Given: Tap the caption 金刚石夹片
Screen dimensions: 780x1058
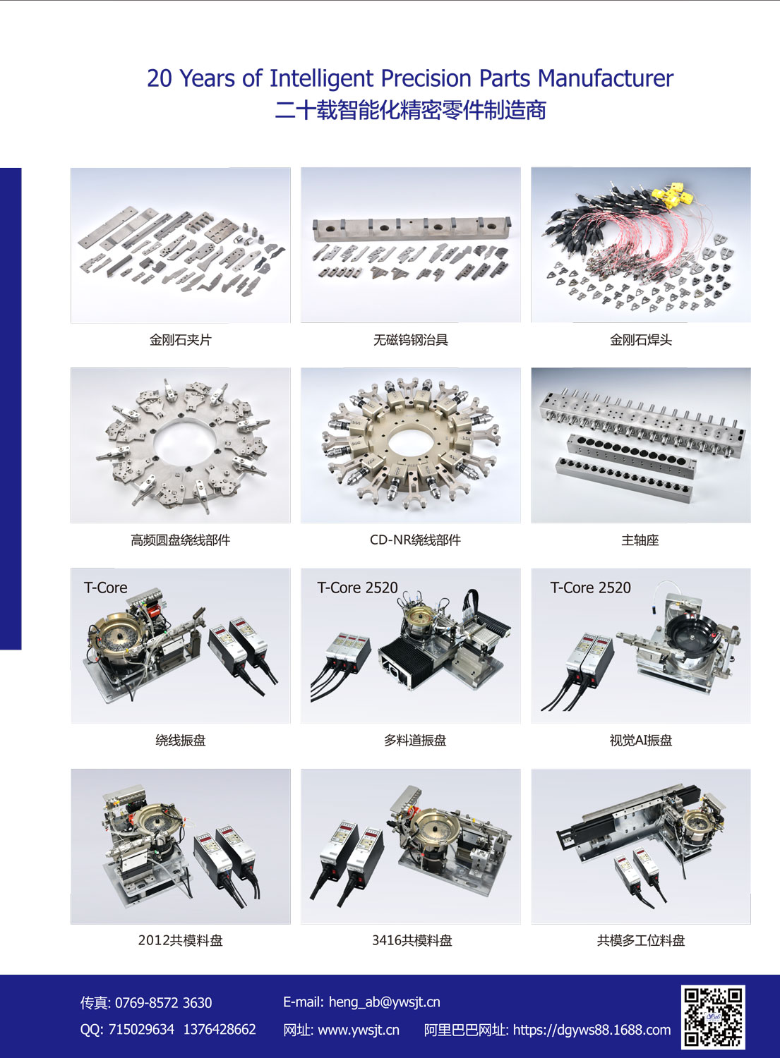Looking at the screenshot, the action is click(x=181, y=339).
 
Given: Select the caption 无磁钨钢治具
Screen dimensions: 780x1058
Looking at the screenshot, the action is click(x=410, y=339).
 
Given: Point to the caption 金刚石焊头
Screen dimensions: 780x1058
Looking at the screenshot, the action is click(x=640, y=339).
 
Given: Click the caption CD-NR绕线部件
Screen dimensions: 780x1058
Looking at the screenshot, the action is click(x=415, y=540).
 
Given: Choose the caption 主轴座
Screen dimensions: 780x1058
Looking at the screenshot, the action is click(x=640, y=540).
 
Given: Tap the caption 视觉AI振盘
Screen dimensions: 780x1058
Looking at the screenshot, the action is click(x=640, y=740).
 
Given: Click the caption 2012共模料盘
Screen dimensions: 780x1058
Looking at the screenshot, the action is click(x=180, y=940).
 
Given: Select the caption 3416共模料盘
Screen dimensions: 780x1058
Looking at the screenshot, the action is click(x=412, y=940).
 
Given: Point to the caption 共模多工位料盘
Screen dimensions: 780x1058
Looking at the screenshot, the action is click(x=640, y=940).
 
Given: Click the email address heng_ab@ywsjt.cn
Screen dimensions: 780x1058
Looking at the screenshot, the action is click(x=384, y=1002).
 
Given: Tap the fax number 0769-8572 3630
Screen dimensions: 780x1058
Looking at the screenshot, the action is click(x=164, y=1003).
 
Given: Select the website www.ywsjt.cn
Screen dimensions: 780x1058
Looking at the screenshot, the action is click(x=359, y=1030).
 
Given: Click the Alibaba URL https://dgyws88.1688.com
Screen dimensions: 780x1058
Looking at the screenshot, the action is click(x=592, y=1030).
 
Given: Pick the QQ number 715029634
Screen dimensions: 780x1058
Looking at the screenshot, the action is click(x=141, y=1029).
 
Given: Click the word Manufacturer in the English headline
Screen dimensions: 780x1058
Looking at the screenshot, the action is click(x=606, y=78).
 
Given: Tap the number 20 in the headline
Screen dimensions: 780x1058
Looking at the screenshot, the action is click(x=160, y=78).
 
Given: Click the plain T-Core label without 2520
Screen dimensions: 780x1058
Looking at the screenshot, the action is click(x=105, y=588).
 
